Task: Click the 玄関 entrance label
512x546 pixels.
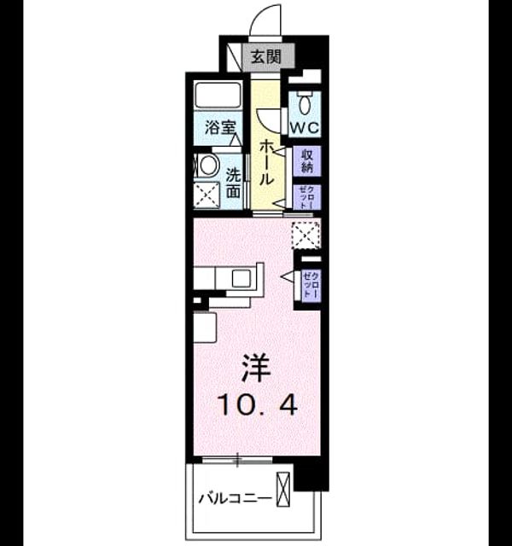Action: [x=266, y=56]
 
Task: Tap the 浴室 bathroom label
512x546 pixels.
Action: [x=220, y=128]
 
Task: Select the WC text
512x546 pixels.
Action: [x=305, y=128]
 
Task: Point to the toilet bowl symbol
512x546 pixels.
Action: [x=305, y=102]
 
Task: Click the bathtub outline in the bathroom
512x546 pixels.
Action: [x=218, y=95]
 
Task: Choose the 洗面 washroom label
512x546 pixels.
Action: [x=233, y=183]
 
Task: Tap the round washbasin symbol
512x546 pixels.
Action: [x=208, y=165]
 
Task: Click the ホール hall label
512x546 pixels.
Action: [x=266, y=162]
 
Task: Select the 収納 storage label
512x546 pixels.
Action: [x=306, y=160]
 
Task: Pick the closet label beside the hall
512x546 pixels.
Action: [x=306, y=197]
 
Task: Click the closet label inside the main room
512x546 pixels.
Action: [x=311, y=284]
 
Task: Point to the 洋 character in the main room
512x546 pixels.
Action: [x=257, y=368]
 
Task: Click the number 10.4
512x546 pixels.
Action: [x=258, y=405]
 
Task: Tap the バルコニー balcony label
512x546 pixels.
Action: [x=235, y=498]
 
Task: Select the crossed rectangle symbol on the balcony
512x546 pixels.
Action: [x=282, y=489]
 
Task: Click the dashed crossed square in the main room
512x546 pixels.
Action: [x=305, y=235]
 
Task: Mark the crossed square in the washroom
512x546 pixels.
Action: [x=207, y=195]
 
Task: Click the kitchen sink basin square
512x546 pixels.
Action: [x=241, y=278]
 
